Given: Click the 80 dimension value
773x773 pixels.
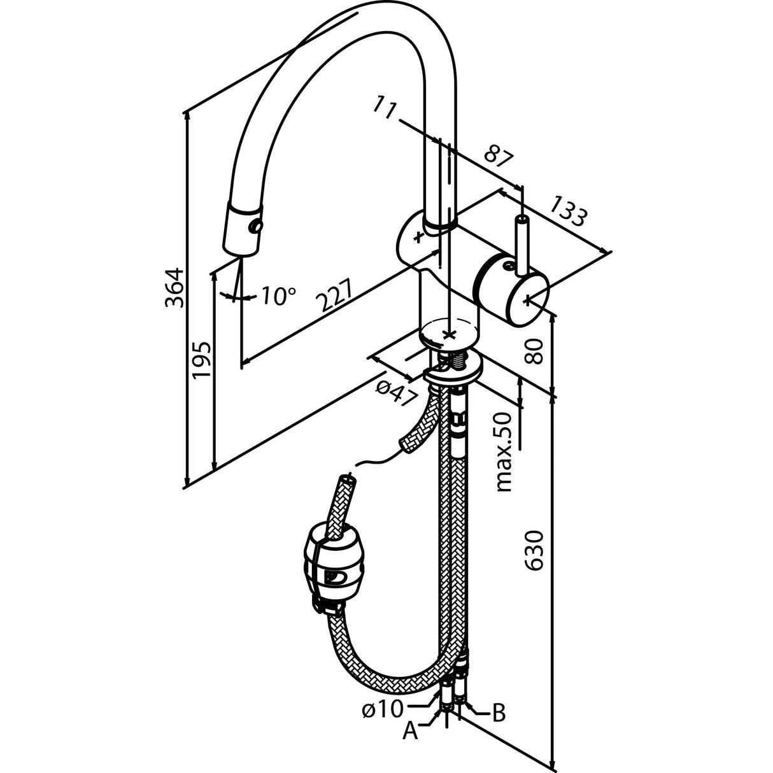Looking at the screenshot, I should point(537,350).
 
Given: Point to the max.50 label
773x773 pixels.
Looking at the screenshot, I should point(504,451).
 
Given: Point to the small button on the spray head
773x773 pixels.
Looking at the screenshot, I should point(256,227).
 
